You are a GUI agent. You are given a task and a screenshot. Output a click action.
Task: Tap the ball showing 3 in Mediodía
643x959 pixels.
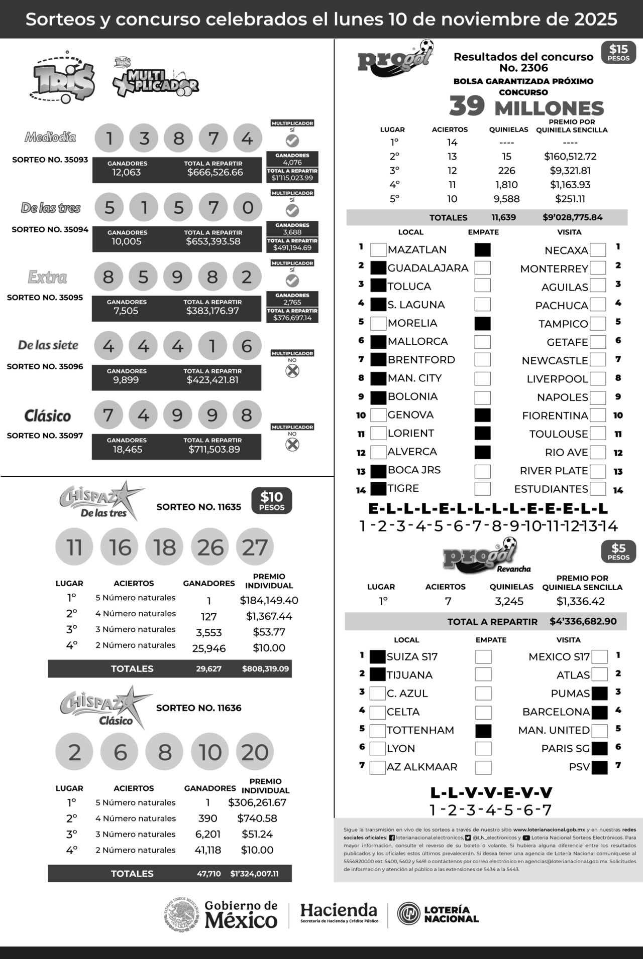[x=144, y=138]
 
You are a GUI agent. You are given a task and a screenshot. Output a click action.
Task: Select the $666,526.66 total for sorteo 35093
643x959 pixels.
[x=215, y=172]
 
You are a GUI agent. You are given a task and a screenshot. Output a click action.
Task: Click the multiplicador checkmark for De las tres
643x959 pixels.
[x=292, y=210]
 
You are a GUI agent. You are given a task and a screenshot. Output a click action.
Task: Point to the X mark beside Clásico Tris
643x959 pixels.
[x=292, y=444]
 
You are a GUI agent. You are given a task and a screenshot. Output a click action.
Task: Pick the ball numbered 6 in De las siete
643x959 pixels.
[x=247, y=346]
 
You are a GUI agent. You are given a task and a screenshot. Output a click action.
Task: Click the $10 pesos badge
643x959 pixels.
[x=272, y=501]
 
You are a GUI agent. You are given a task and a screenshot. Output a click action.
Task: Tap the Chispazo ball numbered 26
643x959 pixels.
[x=210, y=547]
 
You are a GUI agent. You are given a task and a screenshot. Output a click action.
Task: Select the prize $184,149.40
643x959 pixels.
[x=269, y=600]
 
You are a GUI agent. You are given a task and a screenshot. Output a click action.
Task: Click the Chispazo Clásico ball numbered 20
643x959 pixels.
[x=255, y=752]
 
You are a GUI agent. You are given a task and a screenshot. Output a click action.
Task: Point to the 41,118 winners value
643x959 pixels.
[x=207, y=850]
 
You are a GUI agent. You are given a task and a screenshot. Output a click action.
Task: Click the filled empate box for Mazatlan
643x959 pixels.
[x=482, y=250]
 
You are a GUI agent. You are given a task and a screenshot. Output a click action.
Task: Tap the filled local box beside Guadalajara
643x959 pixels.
[x=378, y=268]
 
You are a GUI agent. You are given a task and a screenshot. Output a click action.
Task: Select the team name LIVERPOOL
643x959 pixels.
[x=557, y=379]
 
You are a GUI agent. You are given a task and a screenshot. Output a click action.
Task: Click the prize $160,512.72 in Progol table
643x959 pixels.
[x=570, y=157]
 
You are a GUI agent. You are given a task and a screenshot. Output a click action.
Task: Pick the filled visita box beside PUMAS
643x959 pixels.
[x=599, y=694]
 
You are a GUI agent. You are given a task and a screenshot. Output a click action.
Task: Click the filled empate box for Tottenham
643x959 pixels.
[x=483, y=731]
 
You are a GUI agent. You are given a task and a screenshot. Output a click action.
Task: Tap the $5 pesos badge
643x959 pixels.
[x=618, y=552]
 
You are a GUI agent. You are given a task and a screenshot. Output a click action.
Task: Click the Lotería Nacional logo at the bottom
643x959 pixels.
[x=438, y=914]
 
